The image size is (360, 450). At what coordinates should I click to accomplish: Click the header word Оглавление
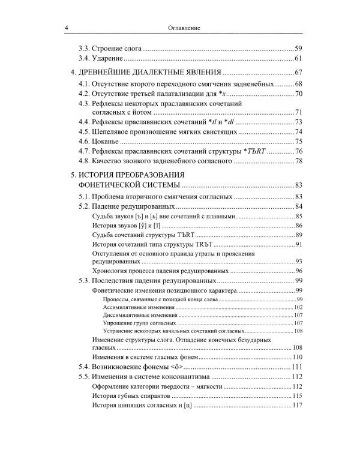[x=184, y=28]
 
